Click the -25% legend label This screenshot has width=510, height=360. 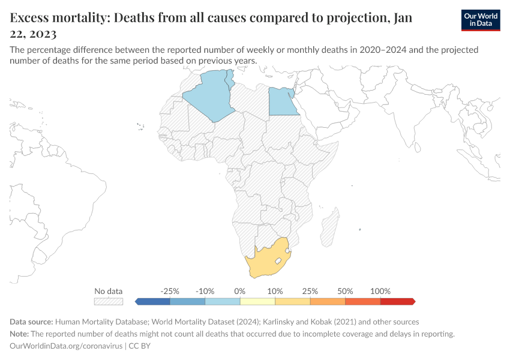click(170, 291)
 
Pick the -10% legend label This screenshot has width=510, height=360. click(205, 291)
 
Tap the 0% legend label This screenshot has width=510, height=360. click(240, 291)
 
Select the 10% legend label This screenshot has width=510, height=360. click(275, 291)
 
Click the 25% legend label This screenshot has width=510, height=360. click(310, 291)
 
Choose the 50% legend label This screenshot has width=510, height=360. click(345, 291)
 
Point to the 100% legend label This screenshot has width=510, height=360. click(380, 291)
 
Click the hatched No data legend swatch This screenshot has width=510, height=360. click(109, 301)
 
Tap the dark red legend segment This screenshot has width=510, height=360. click(397, 301)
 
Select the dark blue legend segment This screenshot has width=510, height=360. click(154, 301)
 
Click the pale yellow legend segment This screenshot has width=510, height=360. click(257, 301)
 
